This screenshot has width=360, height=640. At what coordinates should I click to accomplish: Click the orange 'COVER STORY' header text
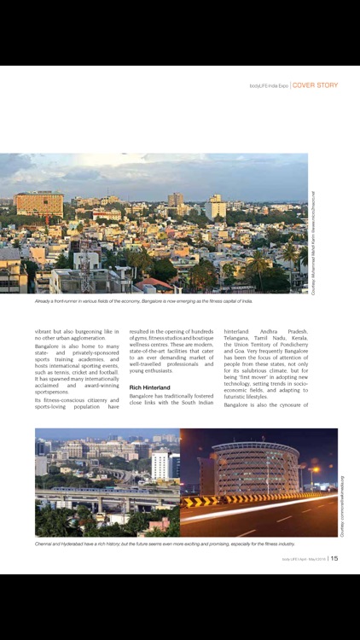316,85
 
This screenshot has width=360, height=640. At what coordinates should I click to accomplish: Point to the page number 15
334,559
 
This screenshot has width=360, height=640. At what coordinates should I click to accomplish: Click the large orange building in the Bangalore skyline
38,204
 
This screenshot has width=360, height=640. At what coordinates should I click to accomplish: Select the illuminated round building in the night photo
256,468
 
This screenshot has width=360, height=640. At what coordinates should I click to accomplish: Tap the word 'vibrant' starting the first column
47,331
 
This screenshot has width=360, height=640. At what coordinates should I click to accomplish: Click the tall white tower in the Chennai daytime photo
160,466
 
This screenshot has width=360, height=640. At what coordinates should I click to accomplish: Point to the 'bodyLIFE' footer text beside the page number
290,560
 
